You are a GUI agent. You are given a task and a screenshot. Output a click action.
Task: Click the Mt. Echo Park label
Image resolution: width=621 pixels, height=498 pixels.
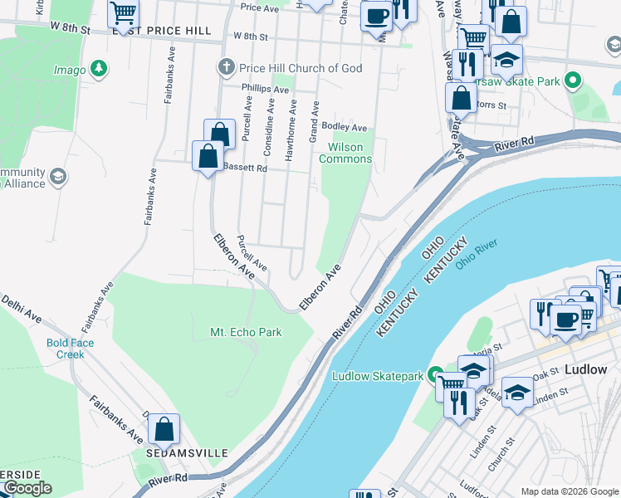(246, 333)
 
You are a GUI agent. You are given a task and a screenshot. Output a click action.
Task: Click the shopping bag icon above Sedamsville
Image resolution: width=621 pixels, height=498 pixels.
(164, 428)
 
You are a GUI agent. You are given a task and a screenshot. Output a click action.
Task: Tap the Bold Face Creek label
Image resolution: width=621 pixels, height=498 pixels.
(71, 349)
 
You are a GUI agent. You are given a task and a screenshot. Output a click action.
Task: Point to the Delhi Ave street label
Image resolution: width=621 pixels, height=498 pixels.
(21, 307)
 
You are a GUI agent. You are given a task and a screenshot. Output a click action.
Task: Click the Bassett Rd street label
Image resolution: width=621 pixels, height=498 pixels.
(245, 168)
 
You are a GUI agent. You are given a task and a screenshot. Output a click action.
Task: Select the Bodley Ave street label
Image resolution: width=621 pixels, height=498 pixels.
(345, 128)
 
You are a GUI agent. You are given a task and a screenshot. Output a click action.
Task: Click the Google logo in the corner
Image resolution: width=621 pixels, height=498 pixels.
(27, 488)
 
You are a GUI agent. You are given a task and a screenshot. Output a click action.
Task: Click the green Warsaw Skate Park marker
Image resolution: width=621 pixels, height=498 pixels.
(571, 81)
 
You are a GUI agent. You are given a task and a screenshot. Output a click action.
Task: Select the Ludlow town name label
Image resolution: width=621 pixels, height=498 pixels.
(585, 369)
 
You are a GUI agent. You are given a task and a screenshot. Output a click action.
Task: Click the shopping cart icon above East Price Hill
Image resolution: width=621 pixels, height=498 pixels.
(124, 12)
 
